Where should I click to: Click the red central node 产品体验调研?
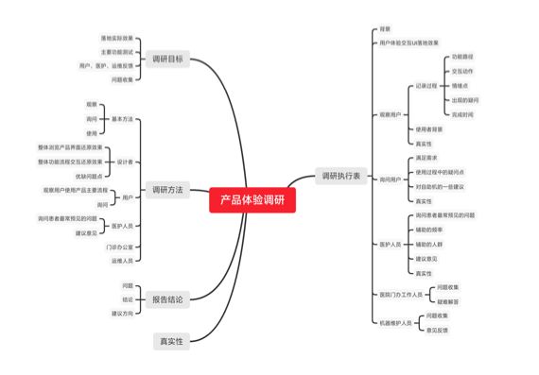pos(252,199)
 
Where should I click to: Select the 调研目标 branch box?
pos(168,60)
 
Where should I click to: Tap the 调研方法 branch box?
pos(168,190)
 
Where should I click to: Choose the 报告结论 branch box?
pos(168,299)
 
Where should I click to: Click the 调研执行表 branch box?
pos(340,176)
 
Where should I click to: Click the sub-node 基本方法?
pos(123,119)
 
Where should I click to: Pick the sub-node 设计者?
pos(125,162)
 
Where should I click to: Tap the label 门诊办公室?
pos(119,247)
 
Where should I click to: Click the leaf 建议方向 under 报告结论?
pos(122,313)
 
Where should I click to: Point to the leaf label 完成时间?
pos(461,114)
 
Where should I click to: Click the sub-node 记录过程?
pos(426,86)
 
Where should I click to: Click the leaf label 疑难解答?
pos(448,300)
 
